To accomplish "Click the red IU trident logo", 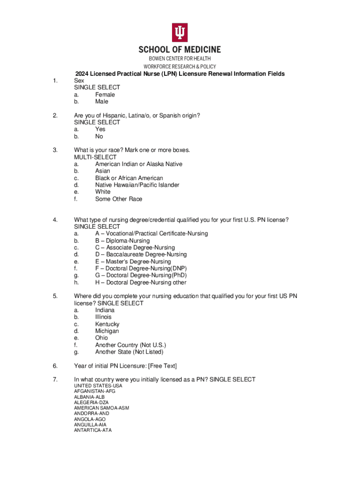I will [180, 31].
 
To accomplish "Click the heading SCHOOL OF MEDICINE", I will [180, 50].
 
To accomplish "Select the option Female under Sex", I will [105, 94].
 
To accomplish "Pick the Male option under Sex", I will [101, 102].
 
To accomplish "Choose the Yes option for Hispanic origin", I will [100, 129].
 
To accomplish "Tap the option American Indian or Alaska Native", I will [138, 164].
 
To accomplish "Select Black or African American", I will [129, 178].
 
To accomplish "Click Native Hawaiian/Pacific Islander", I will [137, 185].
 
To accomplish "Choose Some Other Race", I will [119, 199].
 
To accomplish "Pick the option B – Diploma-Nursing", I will [122, 240].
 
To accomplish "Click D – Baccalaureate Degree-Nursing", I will [141, 254].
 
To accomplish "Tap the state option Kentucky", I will [107, 324].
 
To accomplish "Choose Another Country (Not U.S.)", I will [130, 345].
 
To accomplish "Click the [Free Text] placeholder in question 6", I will [160, 366].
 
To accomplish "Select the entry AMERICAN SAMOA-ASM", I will [101, 408].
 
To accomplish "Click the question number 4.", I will [55, 220].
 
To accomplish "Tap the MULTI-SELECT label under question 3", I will [95, 157].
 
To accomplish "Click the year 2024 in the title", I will [82, 74].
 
